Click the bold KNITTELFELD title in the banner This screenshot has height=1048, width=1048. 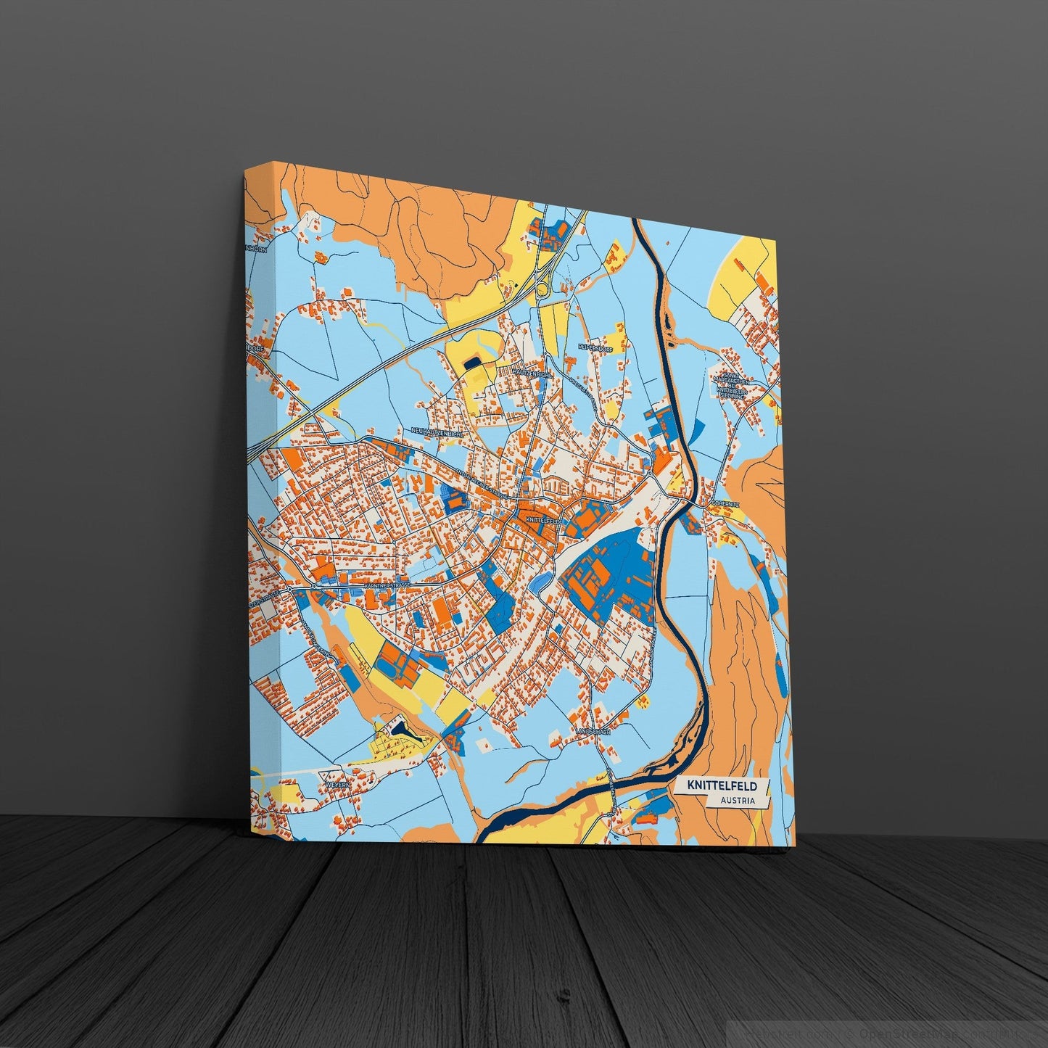point(718,786)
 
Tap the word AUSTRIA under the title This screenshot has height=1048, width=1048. point(738,801)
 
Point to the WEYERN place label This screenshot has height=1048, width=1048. point(339,785)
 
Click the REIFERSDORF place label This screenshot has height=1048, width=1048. point(597,348)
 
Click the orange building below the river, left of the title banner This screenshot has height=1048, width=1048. point(646,819)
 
